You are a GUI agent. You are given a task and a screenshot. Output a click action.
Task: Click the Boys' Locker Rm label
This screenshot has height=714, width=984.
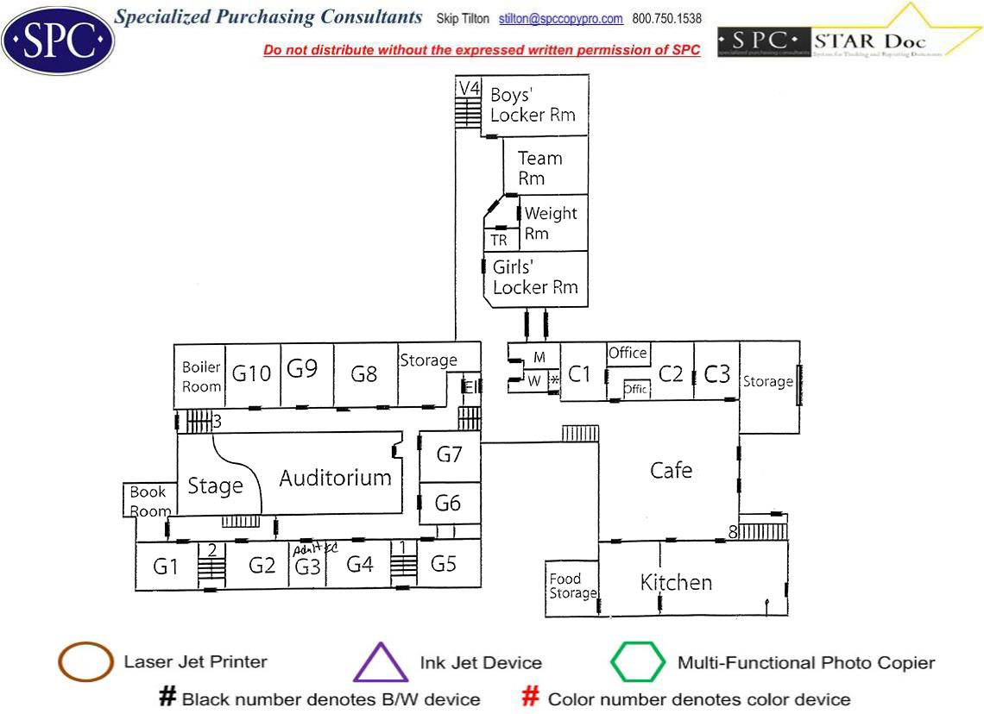point(533,104)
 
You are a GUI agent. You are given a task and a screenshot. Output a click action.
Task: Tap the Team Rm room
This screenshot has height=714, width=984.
point(539,168)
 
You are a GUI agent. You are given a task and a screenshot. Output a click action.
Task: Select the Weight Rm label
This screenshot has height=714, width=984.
point(551,222)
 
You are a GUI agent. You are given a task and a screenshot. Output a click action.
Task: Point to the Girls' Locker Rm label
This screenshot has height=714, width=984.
point(535,277)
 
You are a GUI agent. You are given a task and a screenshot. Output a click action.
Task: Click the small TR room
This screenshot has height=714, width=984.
point(499,241)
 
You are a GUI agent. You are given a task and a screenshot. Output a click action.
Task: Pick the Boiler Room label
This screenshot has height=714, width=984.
point(201,378)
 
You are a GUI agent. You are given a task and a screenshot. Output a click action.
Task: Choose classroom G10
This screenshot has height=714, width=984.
point(252,373)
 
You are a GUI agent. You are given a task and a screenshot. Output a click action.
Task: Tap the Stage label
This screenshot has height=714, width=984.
point(215,486)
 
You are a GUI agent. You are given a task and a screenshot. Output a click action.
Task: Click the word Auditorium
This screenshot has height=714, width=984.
point(335,478)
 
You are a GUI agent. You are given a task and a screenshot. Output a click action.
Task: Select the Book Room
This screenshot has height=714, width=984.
point(149,501)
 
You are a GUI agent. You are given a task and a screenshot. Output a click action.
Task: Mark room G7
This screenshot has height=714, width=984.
point(449,454)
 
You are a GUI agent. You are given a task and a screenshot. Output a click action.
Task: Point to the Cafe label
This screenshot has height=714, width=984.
point(671,470)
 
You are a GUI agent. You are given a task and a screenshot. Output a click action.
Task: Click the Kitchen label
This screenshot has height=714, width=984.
point(676,583)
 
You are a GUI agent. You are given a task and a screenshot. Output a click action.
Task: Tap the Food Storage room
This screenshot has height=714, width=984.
point(572,586)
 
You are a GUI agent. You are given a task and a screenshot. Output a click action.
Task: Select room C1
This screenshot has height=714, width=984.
point(580,374)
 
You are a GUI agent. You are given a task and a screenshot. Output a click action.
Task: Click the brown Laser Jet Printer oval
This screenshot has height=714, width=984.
point(85,662)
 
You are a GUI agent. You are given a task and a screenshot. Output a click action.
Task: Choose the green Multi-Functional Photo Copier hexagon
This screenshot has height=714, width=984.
point(638,662)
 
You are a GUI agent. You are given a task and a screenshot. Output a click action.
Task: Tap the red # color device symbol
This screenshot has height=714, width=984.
point(531,698)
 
